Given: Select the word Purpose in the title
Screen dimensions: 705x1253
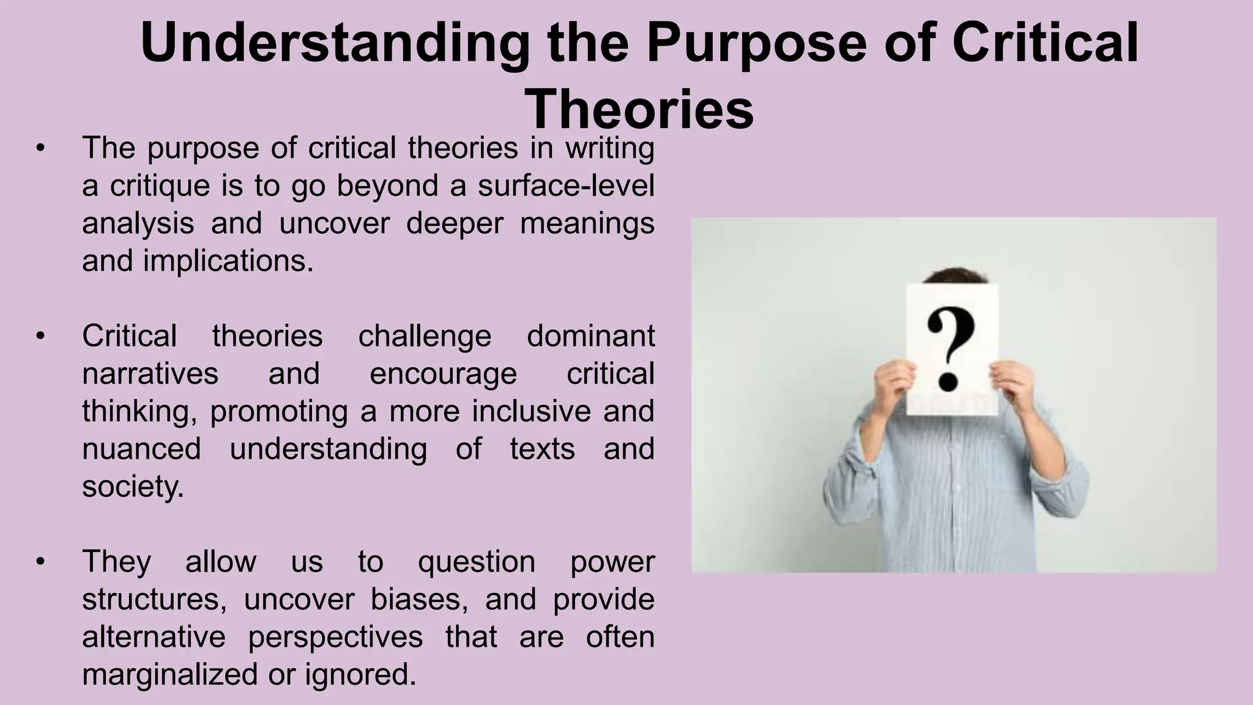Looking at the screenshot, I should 757,43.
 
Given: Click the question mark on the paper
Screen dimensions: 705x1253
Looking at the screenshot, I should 950,349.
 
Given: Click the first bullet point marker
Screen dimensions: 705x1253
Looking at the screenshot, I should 40,148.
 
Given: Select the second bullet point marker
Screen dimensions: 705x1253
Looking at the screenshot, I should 40,336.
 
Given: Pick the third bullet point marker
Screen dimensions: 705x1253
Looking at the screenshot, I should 40,562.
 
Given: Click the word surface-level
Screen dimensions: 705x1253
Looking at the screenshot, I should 566,186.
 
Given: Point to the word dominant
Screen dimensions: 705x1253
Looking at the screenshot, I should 590,336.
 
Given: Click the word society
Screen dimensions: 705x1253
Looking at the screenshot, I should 132,487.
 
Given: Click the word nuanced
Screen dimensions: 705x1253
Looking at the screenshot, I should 141,449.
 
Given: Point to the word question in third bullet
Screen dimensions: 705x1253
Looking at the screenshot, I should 477,562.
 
